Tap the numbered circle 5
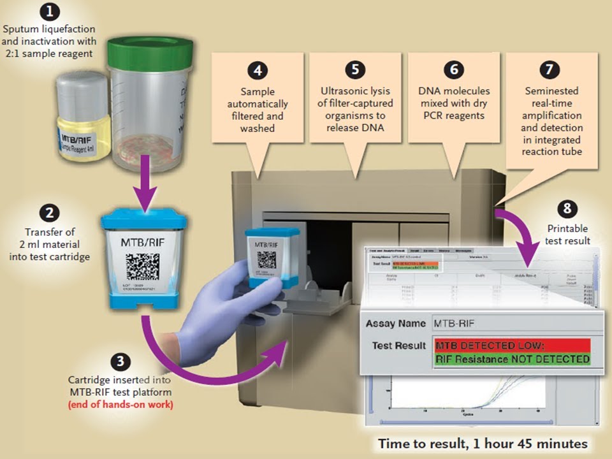(x=355, y=69)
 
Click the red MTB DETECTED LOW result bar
(x=512, y=346)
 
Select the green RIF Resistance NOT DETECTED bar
(x=512, y=359)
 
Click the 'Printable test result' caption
(x=567, y=235)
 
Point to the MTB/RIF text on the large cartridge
(x=143, y=242)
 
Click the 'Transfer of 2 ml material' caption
(x=52, y=239)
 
